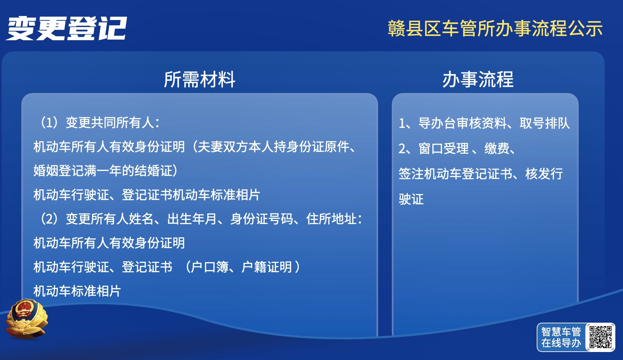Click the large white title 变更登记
click(x=66, y=29)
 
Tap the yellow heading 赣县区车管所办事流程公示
click(x=495, y=28)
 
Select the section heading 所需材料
click(x=200, y=79)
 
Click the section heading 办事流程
click(x=478, y=79)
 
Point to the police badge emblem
click(x=26, y=319)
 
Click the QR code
click(x=600, y=337)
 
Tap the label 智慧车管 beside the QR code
click(x=561, y=332)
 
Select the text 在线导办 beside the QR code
click(x=561, y=343)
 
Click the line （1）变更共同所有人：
click(x=100, y=123)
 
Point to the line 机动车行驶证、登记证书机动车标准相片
click(x=147, y=195)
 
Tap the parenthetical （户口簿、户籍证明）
click(x=243, y=267)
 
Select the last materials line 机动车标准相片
click(x=77, y=291)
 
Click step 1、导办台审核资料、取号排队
click(x=484, y=123)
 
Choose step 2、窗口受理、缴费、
click(x=457, y=148)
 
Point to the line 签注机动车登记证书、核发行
click(x=481, y=174)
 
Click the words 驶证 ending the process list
click(x=411, y=199)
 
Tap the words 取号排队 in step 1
click(x=545, y=123)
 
